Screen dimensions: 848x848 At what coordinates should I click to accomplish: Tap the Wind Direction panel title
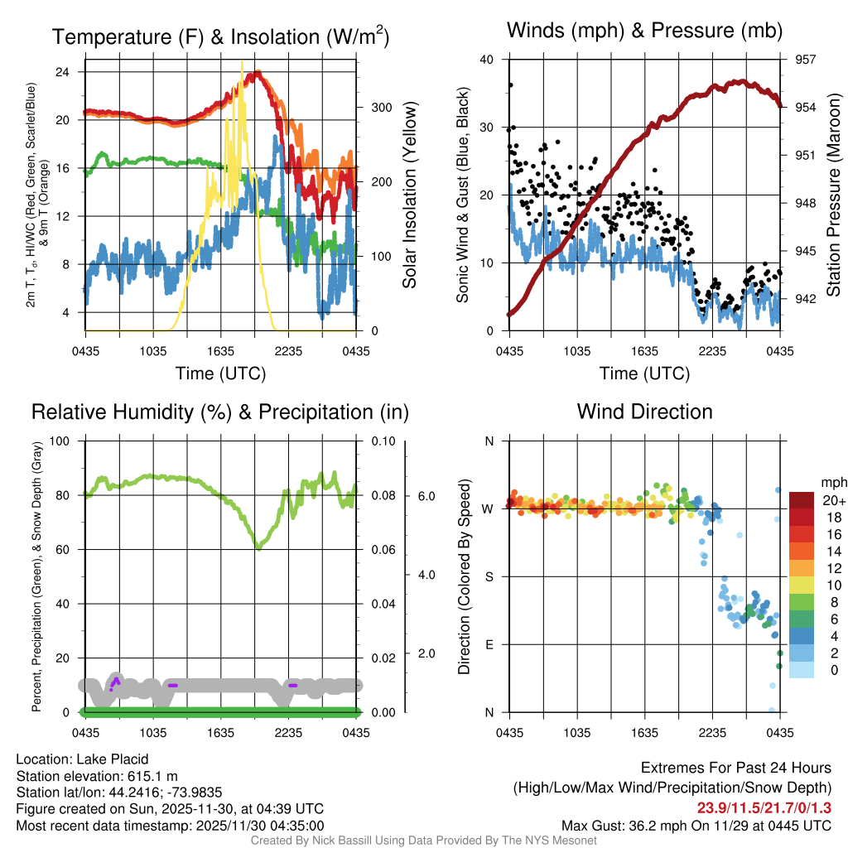[644, 412]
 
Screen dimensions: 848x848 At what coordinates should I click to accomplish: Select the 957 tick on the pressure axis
[805, 60]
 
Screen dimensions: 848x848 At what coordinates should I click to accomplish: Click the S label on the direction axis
[489, 576]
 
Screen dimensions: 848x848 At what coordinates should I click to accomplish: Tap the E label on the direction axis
[489, 644]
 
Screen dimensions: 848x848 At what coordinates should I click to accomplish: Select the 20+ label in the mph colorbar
[832, 500]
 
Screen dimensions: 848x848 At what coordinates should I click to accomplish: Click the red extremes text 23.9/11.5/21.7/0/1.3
[764, 808]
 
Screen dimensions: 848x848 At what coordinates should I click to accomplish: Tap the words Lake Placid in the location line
[112, 759]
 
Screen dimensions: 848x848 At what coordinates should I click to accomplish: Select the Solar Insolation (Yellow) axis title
[409, 195]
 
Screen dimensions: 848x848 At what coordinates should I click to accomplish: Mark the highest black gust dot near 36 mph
[510, 84]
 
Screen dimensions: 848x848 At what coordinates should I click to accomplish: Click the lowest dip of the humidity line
[258, 547]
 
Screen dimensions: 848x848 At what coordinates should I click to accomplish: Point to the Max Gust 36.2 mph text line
[696, 825]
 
